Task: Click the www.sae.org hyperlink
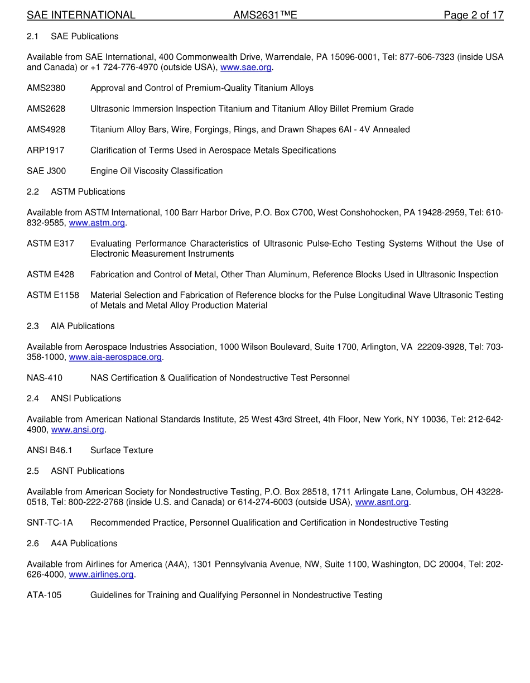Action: pyautogui.click(x=245, y=68)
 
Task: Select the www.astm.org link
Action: pyautogui.click(x=97, y=223)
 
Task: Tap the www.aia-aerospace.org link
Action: pyautogui.click(x=115, y=357)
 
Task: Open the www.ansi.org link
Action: pyautogui.click(x=78, y=430)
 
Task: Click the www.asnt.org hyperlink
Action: pyautogui.click(x=382, y=502)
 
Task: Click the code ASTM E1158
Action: pyautogui.click(x=53, y=295)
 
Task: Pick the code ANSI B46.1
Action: pyautogui.click(x=50, y=450)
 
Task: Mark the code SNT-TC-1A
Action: pyautogui.click(x=50, y=523)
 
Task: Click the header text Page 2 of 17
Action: pyautogui.click(x=473, y=15)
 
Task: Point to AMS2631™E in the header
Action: pyautogui.click(x=265, y=15)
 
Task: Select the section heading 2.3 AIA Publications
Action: pyautogui.click(x=70, y=326)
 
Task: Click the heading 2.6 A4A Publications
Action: pyautogui.click(x=72, y=543)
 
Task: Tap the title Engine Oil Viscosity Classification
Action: pyautogui.click(x=156, y=171)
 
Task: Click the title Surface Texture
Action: pyautogui.click(x=122, y=450)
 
